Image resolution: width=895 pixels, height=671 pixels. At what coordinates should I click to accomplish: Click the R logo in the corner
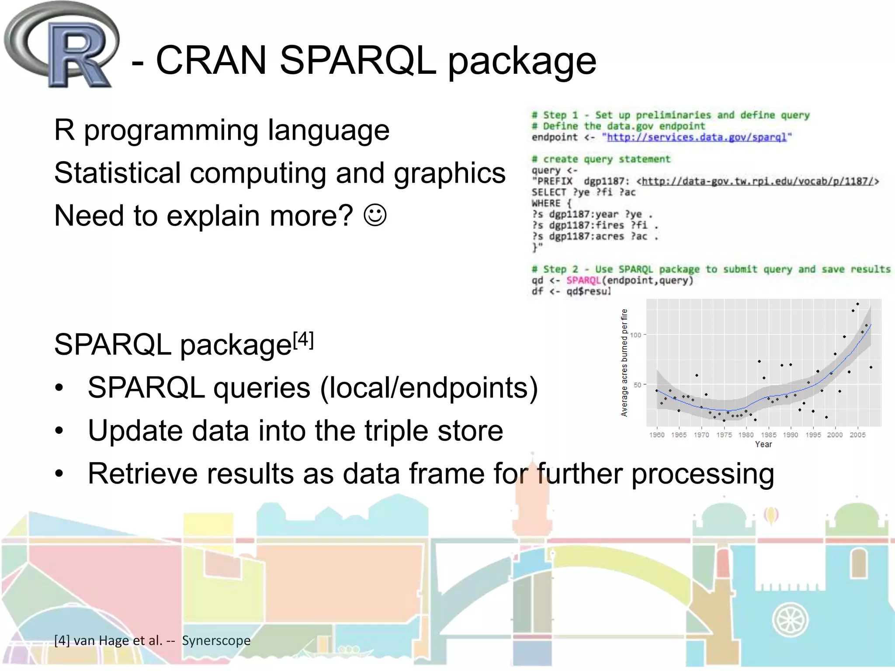click(x=61, y=46)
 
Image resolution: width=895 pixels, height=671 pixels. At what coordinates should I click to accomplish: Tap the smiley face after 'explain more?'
click(x=375, y=215)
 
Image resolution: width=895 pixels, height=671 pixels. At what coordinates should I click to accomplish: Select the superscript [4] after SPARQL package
click(x=303, y=340)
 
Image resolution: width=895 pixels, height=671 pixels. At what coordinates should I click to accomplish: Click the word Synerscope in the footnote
click(x=216, y=640)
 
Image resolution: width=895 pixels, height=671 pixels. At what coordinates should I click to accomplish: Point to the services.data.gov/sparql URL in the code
click(x=697, y=137)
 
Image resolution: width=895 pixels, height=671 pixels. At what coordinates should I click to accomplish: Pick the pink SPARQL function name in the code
click(x=583, y=280)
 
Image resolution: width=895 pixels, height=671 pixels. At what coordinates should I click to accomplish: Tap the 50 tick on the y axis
click(x=637, y=385)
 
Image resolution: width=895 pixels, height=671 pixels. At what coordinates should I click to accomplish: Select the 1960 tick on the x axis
click(x=656, y=435)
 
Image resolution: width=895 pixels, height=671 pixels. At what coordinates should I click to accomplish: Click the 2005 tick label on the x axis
click(x=857, y=435)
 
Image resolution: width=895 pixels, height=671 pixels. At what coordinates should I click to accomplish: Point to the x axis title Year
click(x=763, y=444)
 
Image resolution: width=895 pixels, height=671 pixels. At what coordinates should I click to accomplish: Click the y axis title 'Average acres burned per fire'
click(x=624, y=363)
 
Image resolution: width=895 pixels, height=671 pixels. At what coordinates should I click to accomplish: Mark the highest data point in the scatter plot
click(x=857, y=304)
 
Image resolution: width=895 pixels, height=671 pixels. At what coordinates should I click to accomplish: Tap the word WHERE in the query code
click(x=546, y=204)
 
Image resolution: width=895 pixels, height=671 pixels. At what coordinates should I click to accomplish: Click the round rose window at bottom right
click(x=790, y=620)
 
